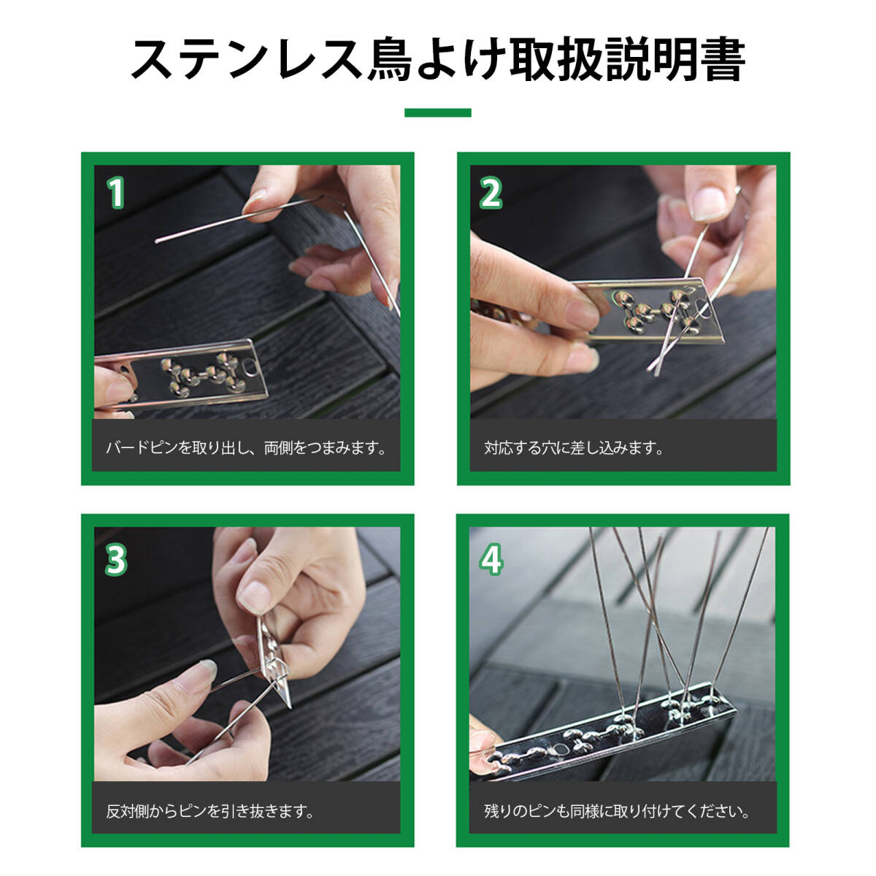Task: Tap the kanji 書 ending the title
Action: [723, 60]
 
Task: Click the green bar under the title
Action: [437, 112]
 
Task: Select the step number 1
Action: [116, 193]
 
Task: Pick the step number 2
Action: [491, 193]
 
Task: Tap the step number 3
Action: [116, 560]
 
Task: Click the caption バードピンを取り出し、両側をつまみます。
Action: [246, 448]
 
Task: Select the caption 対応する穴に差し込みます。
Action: [573, 448]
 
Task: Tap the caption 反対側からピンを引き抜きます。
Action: [210, 811]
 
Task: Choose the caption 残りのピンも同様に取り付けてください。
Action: [616, 811]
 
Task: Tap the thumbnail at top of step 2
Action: [708, 202]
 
